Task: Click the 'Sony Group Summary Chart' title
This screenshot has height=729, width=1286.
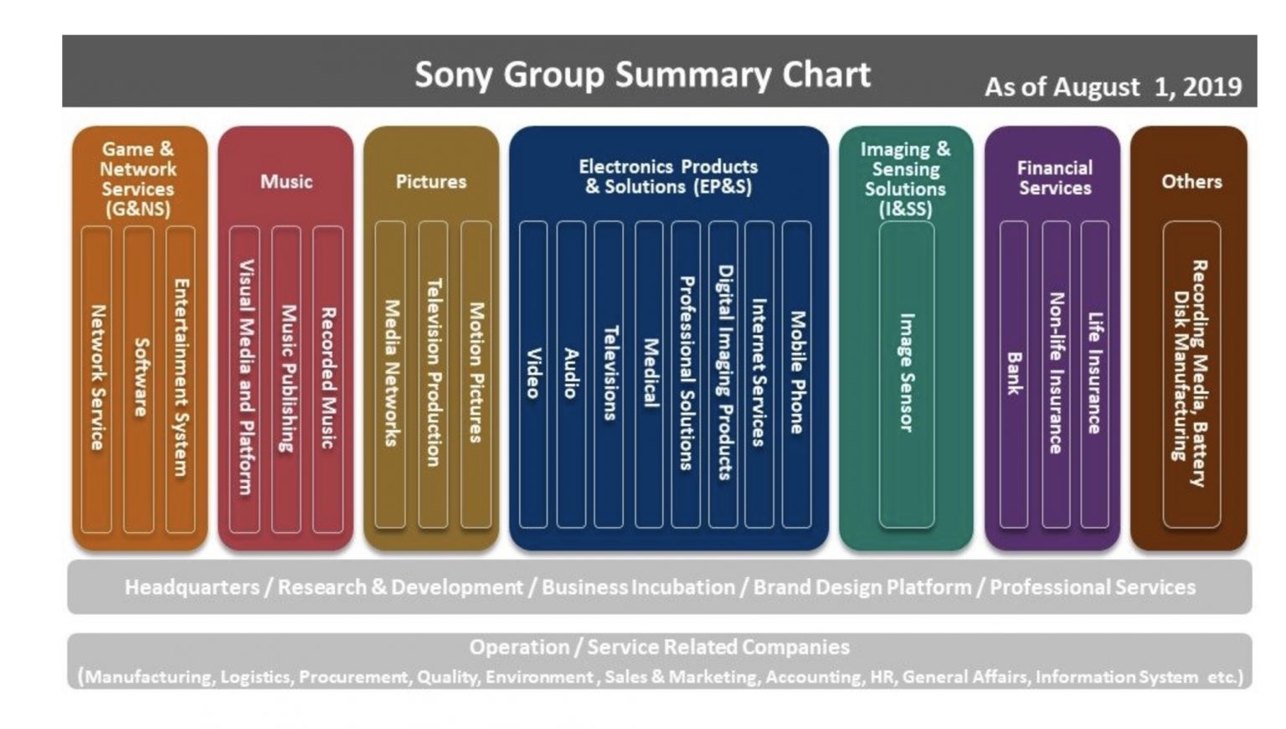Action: (x=642, y=75)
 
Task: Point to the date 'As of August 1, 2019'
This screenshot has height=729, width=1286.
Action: (x=1112, y=87)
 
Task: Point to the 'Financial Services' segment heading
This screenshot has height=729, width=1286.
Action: (x=1054, y=178)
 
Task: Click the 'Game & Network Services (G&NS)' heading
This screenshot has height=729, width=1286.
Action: (x=138, y=178)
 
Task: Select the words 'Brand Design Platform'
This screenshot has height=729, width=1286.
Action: (x=862, y=587)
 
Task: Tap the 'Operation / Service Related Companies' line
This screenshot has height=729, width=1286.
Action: (x=659, y=647)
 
